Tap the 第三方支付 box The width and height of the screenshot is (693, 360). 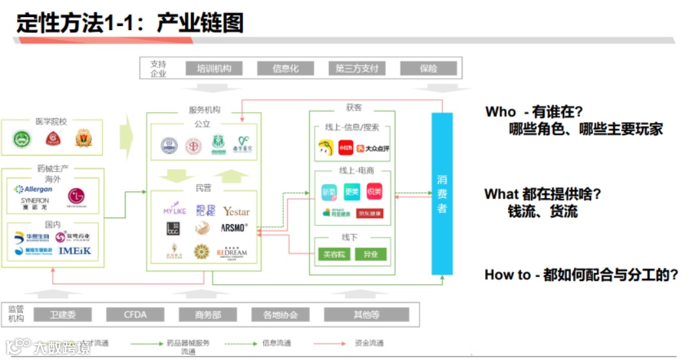click(x=356, y=69)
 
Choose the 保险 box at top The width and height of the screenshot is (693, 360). click(x=428, y=69)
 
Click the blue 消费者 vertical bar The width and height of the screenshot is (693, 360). click(x=442, y=193)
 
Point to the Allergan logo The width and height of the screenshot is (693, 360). click(x=34, y=189)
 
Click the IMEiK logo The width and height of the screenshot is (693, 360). click(x=75, y=250)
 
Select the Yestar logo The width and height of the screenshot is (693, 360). click(x=236, y=211)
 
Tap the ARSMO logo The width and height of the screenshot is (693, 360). click(x=234, y=228)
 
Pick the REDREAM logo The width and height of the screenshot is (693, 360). click(x=233, y=252)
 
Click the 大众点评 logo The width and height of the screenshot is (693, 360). click(x=373, y=148)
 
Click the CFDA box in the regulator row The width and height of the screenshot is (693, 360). click(x=135, y=315)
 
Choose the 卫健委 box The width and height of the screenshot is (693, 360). click(x=63, y=315)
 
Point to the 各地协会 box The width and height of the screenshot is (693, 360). click(x=280, y=315)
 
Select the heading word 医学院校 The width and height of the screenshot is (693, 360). click(x=52, y=122)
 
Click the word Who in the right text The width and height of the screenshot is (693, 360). click(x=500, y=112)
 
